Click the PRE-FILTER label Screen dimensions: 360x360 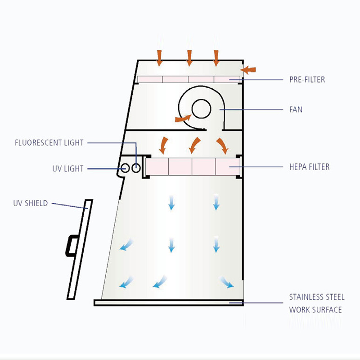[306, 80]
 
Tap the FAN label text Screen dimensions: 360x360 [296, 109]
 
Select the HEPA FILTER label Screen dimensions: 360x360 [309, 167]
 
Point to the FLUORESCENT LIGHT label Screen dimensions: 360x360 [49, 143]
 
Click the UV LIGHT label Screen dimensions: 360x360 [67, 169]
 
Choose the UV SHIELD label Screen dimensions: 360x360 [30, 203]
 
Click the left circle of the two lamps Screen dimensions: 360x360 [126, 168]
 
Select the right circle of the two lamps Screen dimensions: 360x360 [135, 168]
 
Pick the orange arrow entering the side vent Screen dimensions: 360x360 [248, 70]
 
